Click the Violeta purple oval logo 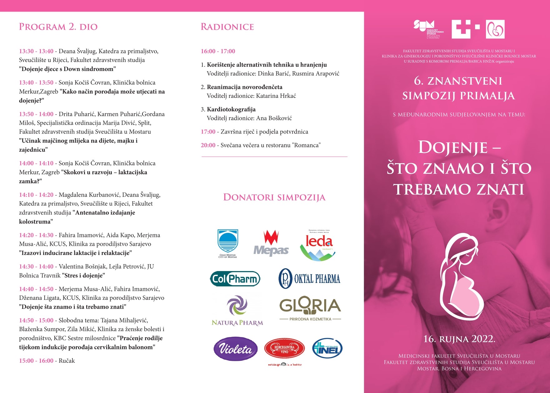[x=235, y=349]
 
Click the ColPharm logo [x=235, y=279]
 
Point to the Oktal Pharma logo [x=309, y=279]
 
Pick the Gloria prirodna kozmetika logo [x=310, y=308]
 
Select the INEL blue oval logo [x=327, y=349]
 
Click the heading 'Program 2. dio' [x=58, y=27]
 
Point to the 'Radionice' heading [x=227, y=27]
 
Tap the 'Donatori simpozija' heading [x=274, y=197]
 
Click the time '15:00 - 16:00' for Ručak [x=36, y=361]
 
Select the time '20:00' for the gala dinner [x=208, y=145]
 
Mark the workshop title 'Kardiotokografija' [x=231, y=109]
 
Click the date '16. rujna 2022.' [x=459, y=339]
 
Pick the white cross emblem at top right [x=461, y=29]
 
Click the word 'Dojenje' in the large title [x=453, y=148]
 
